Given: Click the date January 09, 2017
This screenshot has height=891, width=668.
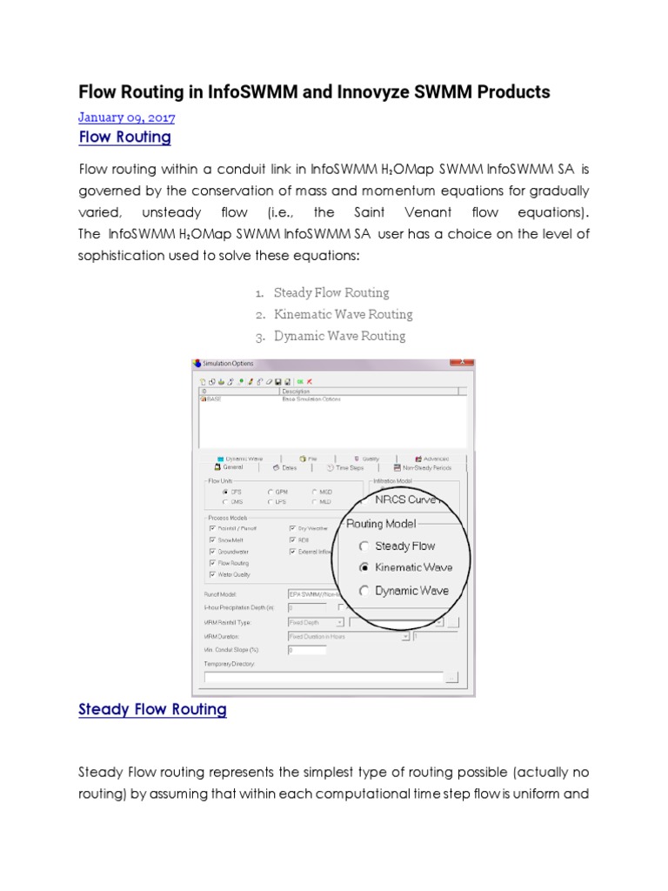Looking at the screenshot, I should (126, 117).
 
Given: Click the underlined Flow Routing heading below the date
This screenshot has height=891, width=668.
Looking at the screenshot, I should (124, 137).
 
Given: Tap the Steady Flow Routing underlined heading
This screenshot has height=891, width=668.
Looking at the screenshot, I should (152, 709).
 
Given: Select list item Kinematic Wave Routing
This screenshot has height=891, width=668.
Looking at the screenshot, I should (343, 314).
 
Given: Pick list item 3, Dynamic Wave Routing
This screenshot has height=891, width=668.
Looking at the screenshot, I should (339, 336).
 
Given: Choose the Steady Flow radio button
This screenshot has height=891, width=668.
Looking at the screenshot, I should (364, 546).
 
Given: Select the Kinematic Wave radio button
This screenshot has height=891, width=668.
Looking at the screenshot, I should (364, 567).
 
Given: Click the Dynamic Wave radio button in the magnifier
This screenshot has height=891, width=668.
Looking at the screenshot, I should (364, 591).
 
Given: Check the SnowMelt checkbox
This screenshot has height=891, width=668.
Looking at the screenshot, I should (212, 539).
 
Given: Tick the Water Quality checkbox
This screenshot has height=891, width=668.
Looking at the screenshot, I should (212, 574).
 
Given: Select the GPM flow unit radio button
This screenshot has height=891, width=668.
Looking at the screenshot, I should (271, 492).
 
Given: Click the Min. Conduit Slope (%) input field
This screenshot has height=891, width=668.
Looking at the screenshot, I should (306, 649).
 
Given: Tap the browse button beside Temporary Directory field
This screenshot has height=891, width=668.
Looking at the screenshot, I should (451, 677).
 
